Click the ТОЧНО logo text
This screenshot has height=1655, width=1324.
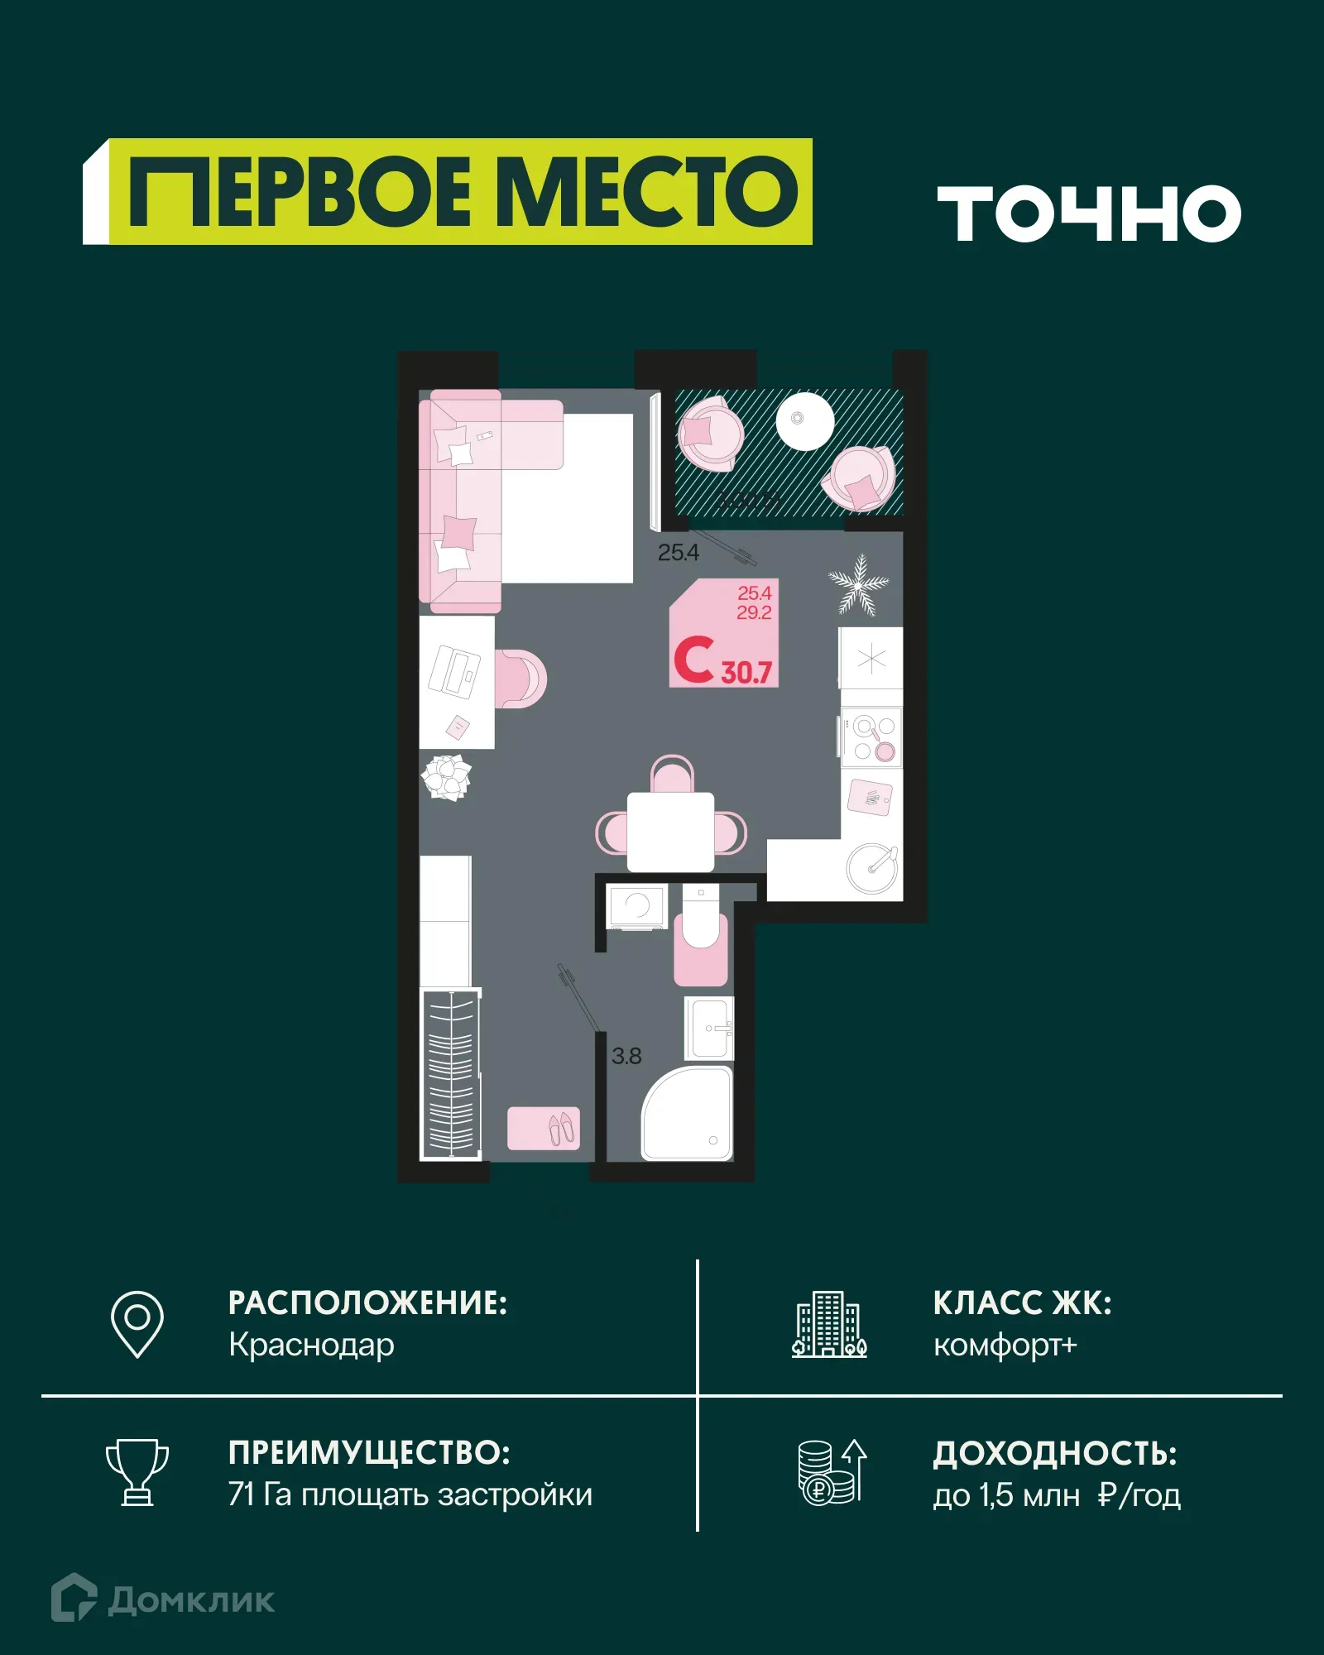coord(1089,213)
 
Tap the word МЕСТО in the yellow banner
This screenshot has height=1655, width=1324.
coord(650,192)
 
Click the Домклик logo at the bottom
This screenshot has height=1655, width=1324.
coord(163,1600)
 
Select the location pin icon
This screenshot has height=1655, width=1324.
coord(137,1323)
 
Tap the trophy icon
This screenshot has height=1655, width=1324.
coord(137,1472)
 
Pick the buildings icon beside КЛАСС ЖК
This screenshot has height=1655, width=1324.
coord(829,1324)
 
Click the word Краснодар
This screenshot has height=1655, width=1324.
coord(311,1345)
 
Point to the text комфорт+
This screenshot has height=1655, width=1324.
coord(1005,1345)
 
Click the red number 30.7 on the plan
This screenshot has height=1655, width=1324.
coord(746,672)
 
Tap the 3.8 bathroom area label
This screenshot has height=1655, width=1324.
coord(626,1056)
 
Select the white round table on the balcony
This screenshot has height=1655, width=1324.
coord(804,420)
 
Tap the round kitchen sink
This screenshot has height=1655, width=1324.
coord(871,867)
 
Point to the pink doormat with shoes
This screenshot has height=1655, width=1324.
coord(544,1128)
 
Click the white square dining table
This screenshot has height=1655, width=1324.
coord(670,832)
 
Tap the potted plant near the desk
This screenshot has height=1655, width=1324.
coord(447,777)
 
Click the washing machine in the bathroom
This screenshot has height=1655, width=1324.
coord(636,907)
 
